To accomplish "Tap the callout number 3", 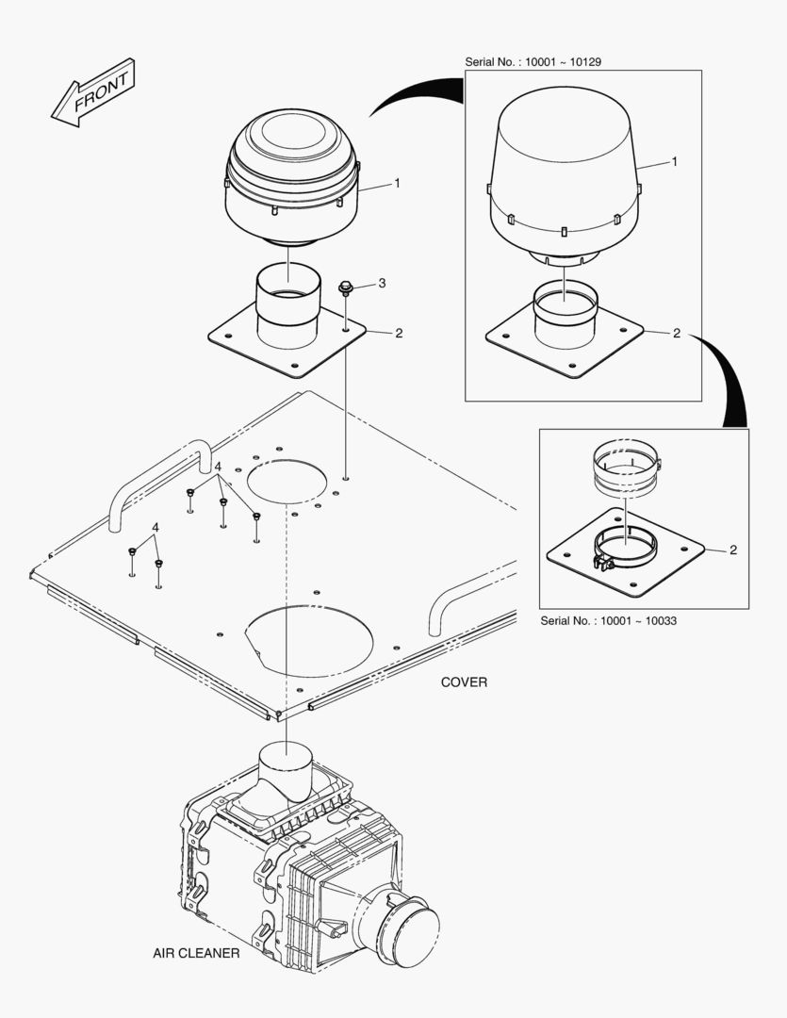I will pos(382,283).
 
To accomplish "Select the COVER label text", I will pos(464,681).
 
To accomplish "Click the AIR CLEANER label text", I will pos(196,953).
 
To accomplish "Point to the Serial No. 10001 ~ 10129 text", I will pos(533,61).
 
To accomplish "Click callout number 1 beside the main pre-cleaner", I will pos(397,183).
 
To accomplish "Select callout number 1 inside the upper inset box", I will pos(675,162).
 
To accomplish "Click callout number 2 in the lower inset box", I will pos(732,550).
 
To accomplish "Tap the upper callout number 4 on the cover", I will pos(217,468).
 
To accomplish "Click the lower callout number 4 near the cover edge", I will pos(156,527).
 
